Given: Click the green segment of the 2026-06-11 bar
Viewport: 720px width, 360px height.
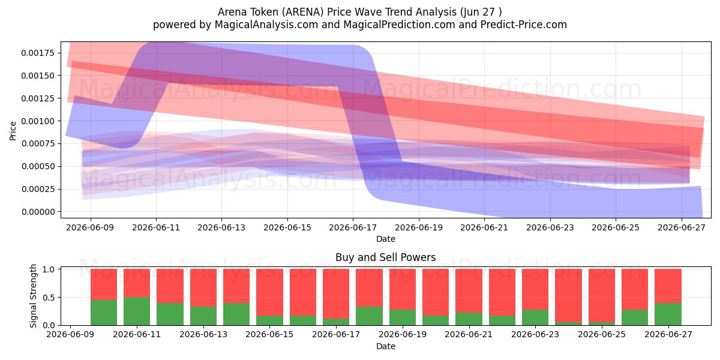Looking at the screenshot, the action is pos(137,311).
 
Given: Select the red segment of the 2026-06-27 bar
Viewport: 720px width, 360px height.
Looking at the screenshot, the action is pos(668,286).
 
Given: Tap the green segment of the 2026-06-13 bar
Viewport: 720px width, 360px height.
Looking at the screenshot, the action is pos(203,316).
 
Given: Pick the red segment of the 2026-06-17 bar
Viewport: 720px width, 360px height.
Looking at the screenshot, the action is pos(336,293).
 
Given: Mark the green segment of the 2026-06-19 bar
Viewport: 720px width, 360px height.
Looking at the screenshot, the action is pos(403,317).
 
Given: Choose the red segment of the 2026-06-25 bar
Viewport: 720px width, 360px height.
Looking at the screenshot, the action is pos(602,295).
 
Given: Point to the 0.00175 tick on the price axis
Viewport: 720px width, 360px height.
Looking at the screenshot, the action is pos(59,53).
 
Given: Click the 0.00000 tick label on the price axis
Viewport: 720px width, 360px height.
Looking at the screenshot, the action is pos(38,212).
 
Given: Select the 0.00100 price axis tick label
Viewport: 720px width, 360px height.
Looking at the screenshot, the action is pos(38,121).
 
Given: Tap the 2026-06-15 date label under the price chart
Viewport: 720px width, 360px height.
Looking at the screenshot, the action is pos(287,227).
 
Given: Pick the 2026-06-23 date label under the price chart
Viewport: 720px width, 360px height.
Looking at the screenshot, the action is pos(550,227).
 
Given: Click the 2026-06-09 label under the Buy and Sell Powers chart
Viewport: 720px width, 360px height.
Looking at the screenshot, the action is pos(70,335).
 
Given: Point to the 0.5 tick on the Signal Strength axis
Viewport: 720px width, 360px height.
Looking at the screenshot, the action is pos(59,298).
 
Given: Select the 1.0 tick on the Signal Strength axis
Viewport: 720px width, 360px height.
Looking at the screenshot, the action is pos(59,269).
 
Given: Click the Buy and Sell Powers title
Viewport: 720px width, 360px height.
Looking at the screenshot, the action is pos(386,257).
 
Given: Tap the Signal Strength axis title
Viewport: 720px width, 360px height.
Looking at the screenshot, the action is pos(33,296).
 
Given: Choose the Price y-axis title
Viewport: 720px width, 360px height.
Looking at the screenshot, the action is pos(13,131).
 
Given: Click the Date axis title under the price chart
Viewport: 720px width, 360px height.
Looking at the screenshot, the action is pos(386,239).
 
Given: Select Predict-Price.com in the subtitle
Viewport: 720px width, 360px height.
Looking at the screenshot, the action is pos(524,25).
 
